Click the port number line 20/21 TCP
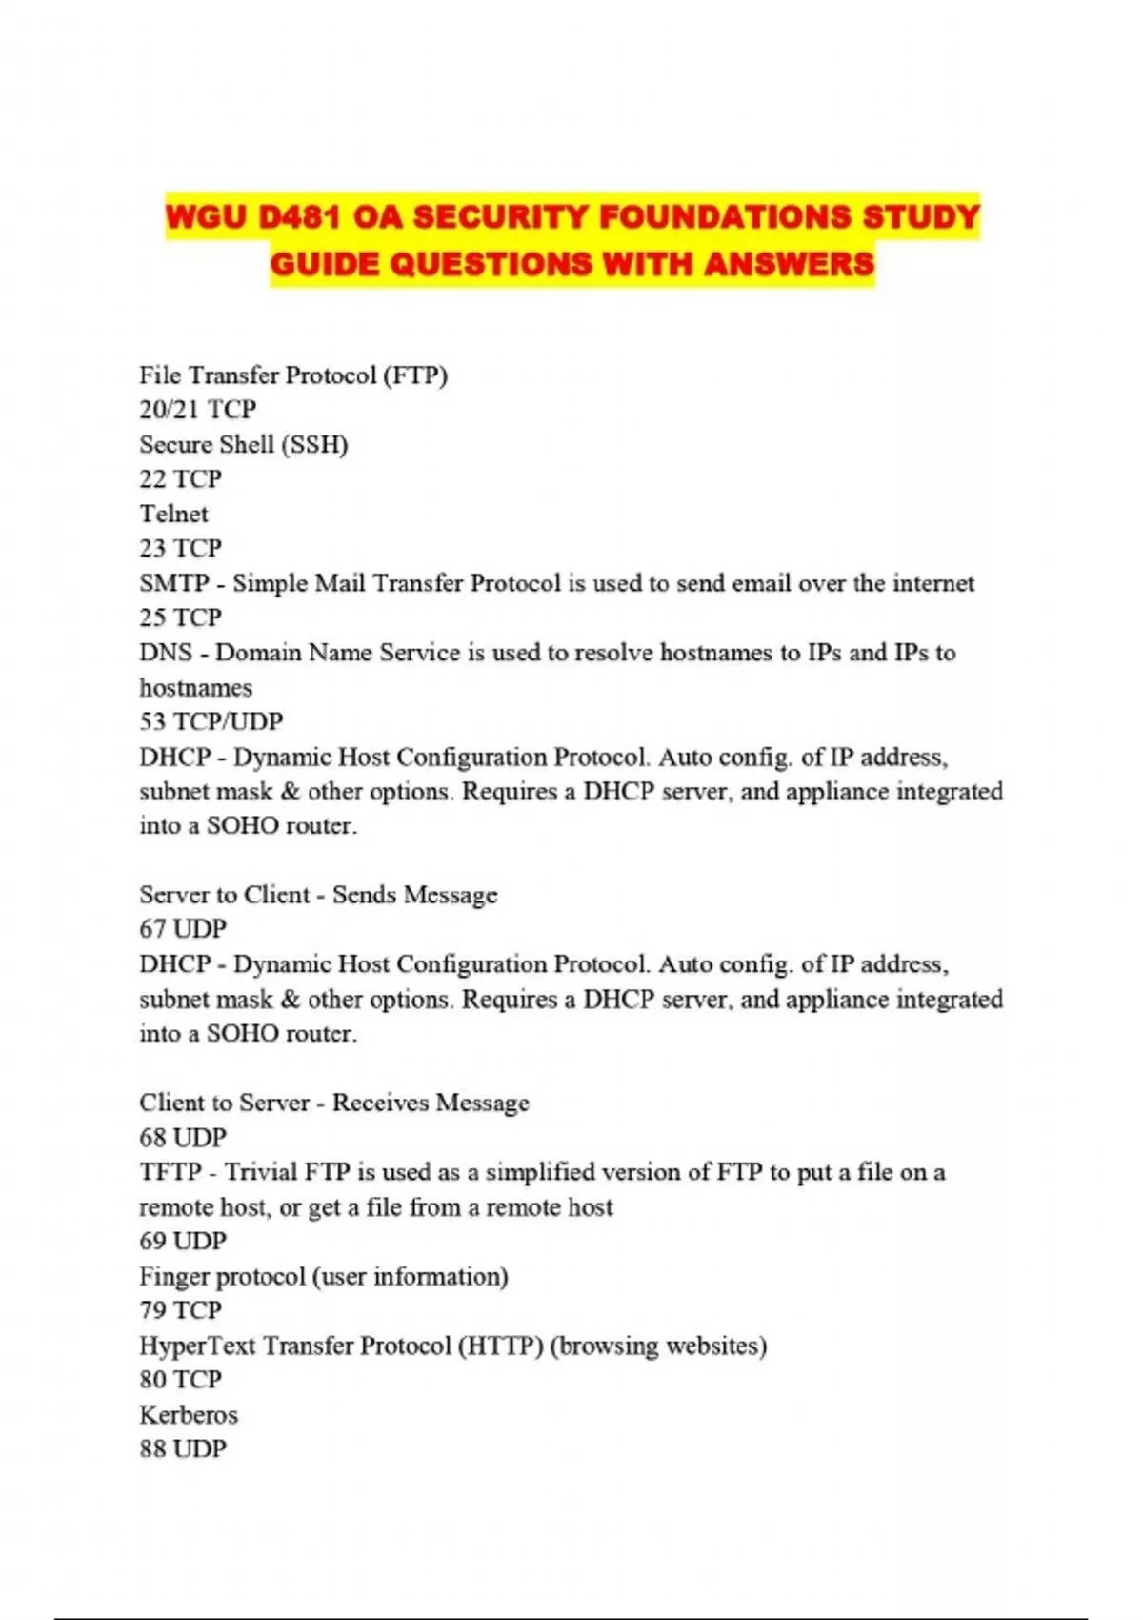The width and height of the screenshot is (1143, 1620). pyautogui.click(x=198, y=410)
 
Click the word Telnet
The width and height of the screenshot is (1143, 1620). pyautogui.click(x=173, y=514)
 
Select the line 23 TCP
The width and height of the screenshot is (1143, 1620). pyautogui.click(x=180, y=549)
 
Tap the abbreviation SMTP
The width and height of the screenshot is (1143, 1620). pyautogui.click(x=173, y=583)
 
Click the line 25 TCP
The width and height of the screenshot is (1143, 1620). pyautogui.click(x=180, y=618)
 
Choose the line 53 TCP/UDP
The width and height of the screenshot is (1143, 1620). pyautogui.click(x=211, y=721)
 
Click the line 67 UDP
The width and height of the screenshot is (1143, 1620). pyautogui.click(x=183, y=929)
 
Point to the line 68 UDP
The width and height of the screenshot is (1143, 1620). pyautogui.click(x=183, y=1137)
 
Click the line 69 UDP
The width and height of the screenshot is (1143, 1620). pyautogui.click(x=183, y=1241)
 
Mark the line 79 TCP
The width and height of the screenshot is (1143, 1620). pyautogui.click(x=180, y=1310)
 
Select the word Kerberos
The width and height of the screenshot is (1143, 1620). pyautogui.click(x=189, y=1415)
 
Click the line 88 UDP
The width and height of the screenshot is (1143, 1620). pyautogui.click(x=183, y=1449)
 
